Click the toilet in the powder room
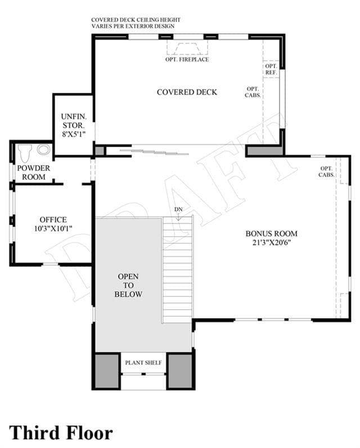click(25, 153)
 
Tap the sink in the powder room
click(43, 150)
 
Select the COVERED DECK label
click(187, 92)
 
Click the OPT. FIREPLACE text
click(187, 60)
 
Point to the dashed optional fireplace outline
click(187, 47)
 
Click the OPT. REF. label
click(271, 70)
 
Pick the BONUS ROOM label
click(271, 233)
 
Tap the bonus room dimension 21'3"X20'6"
click(271, 243)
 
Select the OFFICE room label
click(53, 219)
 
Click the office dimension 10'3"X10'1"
click(53, 229)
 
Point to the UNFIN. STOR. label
click(74, 121)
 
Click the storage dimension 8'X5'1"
click(74, 134)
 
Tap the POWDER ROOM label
click(33, 172)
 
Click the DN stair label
click(178, 210)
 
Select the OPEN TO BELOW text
click(128, 285)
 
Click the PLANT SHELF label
click(143, 363)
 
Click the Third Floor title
click(61, 432)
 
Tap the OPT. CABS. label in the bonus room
click(327, 171)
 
